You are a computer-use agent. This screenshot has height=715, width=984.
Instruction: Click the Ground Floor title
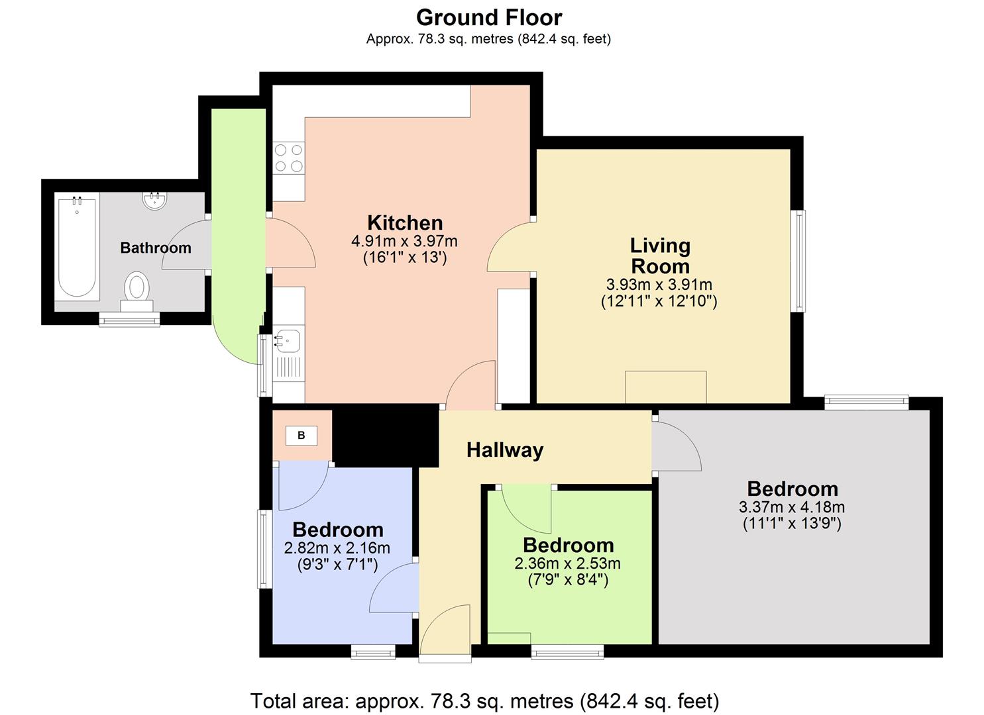pyautogui.click(x=489, y=17)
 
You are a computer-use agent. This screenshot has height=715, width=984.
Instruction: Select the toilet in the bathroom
pyautogui.click(x=137, y=289)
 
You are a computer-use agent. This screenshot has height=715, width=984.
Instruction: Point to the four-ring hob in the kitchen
pyautogui.click(x=289, y=158)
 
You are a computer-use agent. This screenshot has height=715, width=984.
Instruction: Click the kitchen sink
pyautogui.click(x=288, y=340)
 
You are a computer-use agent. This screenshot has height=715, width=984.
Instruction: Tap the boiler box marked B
pyautogui.click(x=301, y=435)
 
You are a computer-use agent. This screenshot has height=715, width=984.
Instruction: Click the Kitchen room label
pyautogui.click(x=405, y=222)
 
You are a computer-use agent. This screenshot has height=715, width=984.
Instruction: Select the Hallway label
pyautogui.click(x=505, y=450)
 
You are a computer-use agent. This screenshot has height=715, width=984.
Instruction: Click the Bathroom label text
pyautogui.click(x=156, y=248)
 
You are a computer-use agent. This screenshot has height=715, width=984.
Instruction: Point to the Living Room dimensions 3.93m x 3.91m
pyautogui.click(x=659, y=285)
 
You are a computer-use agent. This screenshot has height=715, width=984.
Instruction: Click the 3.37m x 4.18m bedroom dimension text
pyautogui.click(x=792, y=508)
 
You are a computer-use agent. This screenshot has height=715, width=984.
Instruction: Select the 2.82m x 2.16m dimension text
pyautogui.click(x=337, y=548)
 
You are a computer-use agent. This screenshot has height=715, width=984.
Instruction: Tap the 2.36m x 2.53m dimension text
pyautogui.click(x=567, y=564)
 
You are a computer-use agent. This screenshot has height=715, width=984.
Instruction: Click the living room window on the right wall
pyautogui.click(x=800, y=261)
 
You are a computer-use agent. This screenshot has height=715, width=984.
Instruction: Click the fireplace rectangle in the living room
pyautogui.click(x=665, y=387)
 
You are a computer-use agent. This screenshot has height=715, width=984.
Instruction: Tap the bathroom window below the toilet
pyautogui.click(x=129, y=320)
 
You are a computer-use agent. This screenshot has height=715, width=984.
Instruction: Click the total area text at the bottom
pyautogui.click(x=484, y=700)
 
